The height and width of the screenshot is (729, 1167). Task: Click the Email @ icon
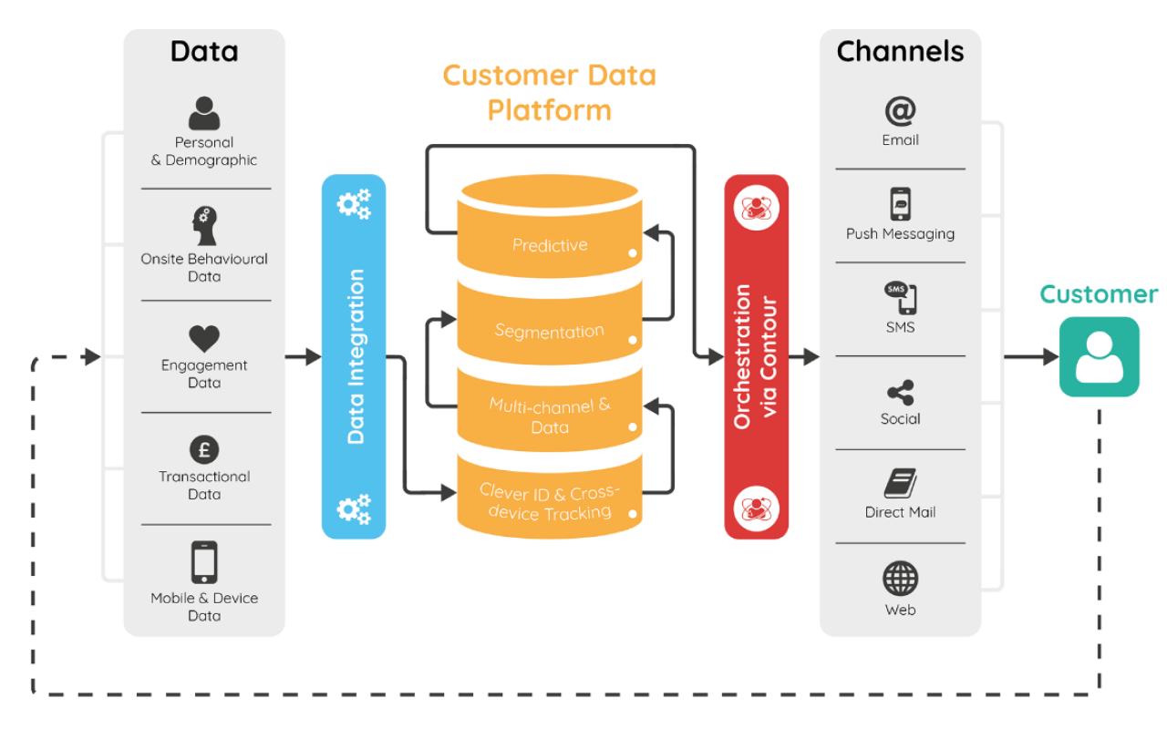click(x=900, y=111)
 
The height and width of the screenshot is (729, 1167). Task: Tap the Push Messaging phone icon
click(x=900, y=204)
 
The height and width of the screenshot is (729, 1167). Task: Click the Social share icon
click(x=900, y=393)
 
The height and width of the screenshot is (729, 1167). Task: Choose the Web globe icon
click(x=900, y=579)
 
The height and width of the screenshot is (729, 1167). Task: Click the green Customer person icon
click(x=1099, y=356)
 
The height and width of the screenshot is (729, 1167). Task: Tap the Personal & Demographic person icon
click(x=204, y=113)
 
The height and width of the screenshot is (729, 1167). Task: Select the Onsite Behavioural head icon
click(x=204, y=226)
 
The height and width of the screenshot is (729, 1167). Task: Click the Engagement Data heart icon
click(x=204, y=339)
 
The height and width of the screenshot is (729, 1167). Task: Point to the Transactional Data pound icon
click(x=204, y=450)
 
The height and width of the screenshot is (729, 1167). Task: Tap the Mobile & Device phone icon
click(x=204, y=562)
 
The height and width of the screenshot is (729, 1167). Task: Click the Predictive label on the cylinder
click(x=550, y=245)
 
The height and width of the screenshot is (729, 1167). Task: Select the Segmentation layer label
click(x=550, y=331)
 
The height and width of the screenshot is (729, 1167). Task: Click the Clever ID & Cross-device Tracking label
click(x=550, y=503)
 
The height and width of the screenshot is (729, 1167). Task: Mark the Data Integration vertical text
click(x=355, y=356)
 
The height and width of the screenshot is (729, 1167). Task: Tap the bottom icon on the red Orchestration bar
click(x=756, y=505)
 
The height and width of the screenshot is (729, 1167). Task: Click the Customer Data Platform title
click(x=550, y=92)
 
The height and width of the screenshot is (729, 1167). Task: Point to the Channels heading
click(x=900, y=52)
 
